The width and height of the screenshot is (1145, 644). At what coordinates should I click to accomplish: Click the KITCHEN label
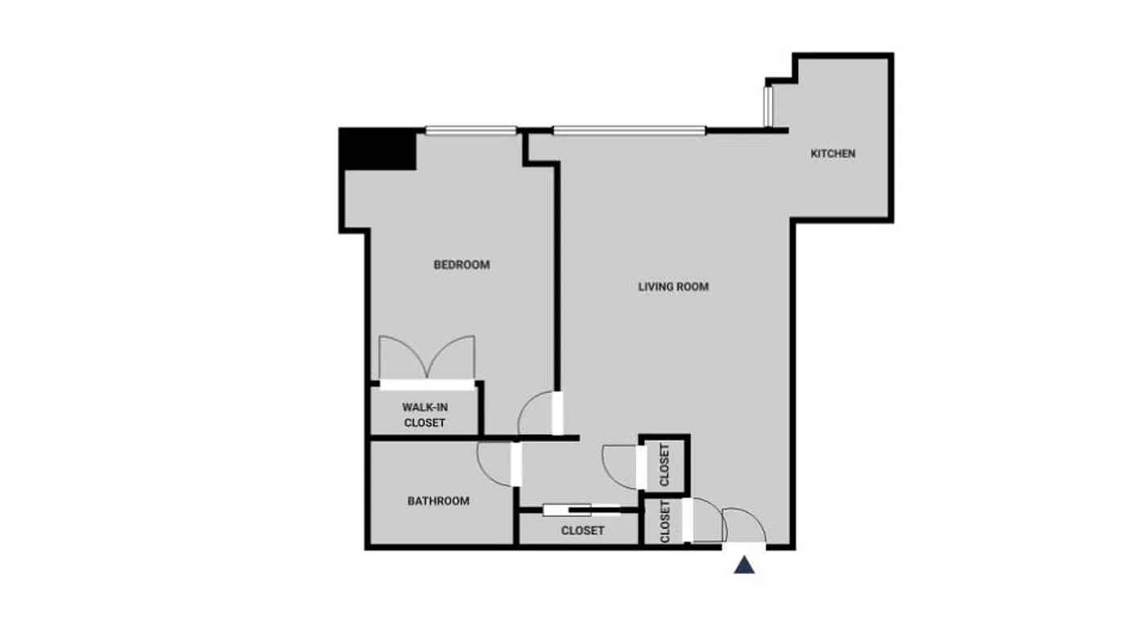point(833,154)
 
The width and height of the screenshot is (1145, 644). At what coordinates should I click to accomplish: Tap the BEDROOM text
point(461,265)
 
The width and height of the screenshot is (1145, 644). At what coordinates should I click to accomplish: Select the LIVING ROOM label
point(673,287)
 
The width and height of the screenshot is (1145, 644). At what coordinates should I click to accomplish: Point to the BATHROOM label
point(438,501)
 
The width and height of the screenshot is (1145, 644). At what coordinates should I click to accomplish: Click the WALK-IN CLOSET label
point(424,415)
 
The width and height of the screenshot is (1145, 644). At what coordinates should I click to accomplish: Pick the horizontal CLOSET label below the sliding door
point(582,531)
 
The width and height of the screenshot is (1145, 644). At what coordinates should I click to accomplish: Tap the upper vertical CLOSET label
point(664,464)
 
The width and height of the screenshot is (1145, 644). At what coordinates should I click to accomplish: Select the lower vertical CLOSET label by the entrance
point(665,522)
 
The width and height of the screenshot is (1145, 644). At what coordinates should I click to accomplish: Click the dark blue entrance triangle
point(744,565)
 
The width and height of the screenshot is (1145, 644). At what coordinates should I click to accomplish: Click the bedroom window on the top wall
point(470,130)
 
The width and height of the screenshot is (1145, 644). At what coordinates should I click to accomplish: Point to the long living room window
point(629,130)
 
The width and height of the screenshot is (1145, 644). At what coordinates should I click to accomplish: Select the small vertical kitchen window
point(768,105)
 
